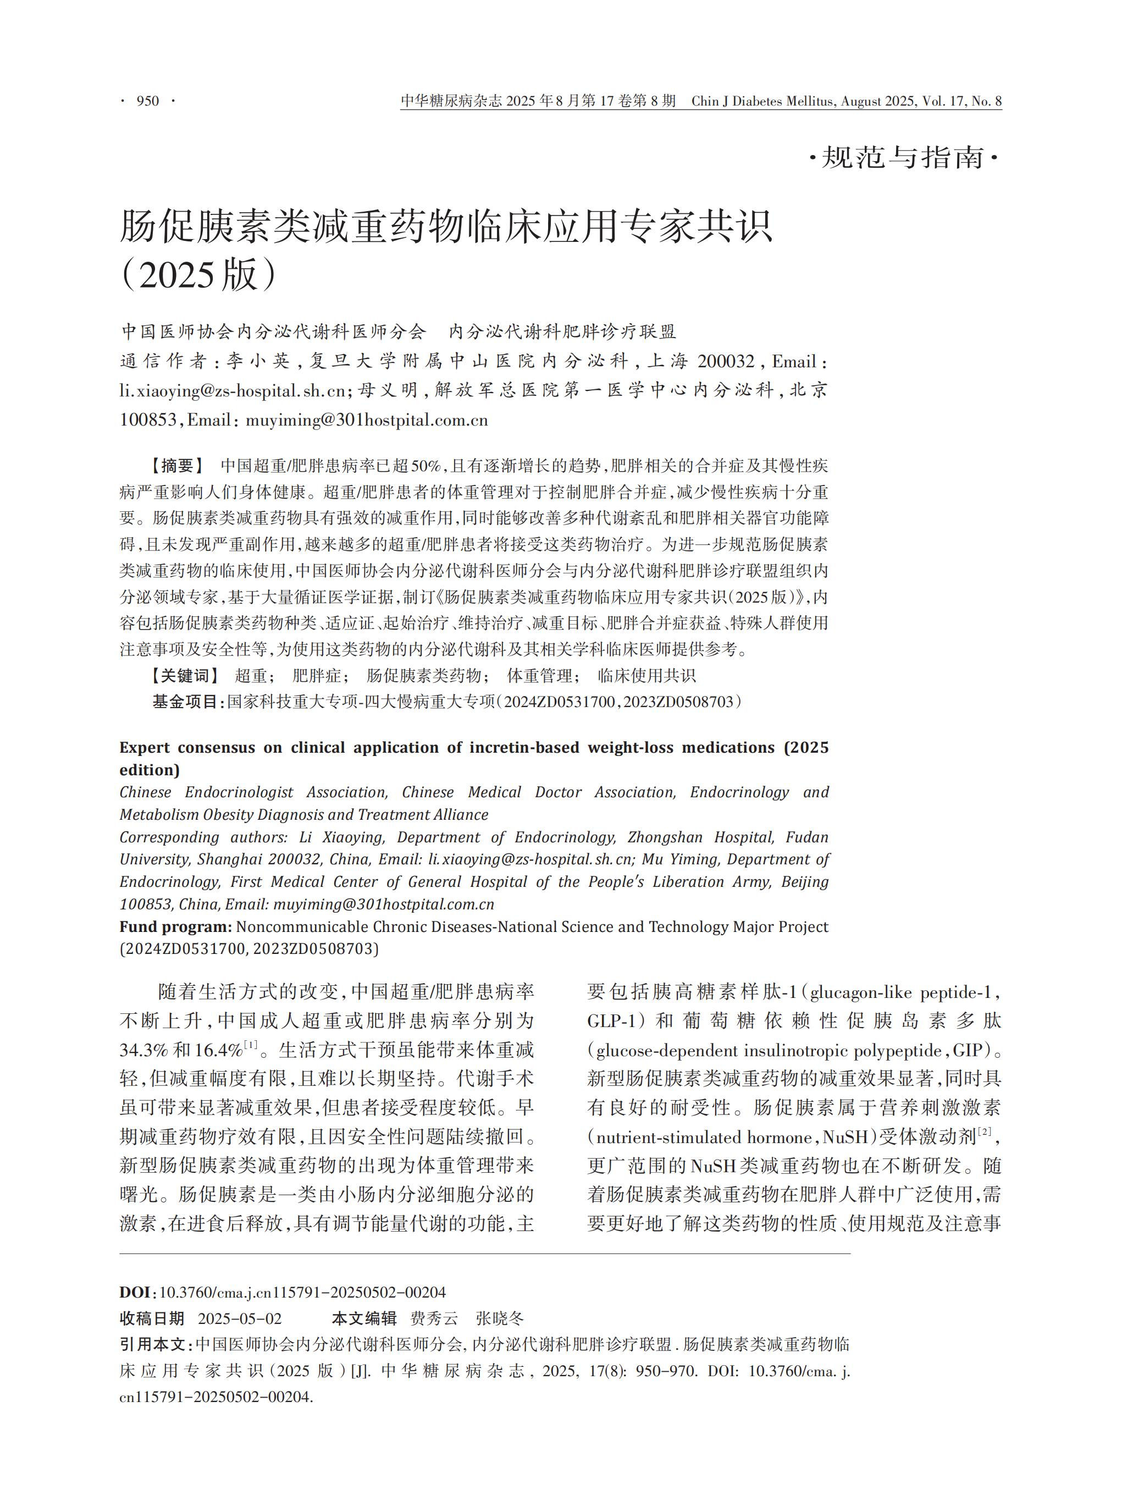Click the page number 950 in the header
147,101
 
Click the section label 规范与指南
903,158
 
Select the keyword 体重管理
540,675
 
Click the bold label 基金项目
186,702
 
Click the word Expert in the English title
145,747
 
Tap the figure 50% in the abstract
427,466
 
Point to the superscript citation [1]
250,1045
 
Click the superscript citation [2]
984,1132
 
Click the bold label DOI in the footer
136,1292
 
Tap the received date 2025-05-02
239,1318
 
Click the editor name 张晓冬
500,1318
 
